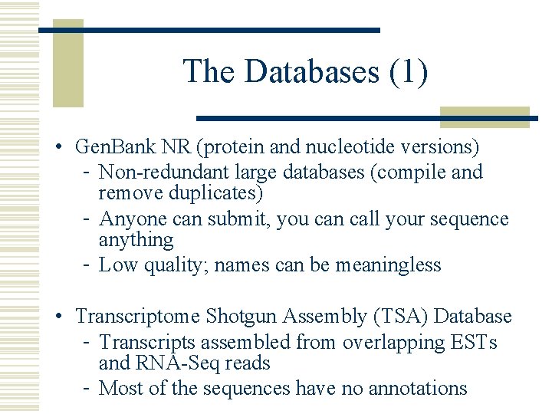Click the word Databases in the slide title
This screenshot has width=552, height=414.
click(x=311, y=72)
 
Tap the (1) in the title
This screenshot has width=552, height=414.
click(x=409, y=72)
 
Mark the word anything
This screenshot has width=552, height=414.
click(x=136, y=240)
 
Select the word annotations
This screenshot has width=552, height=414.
click(x=418, y=389)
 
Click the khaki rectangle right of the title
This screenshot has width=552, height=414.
click(x=485, y=117)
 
